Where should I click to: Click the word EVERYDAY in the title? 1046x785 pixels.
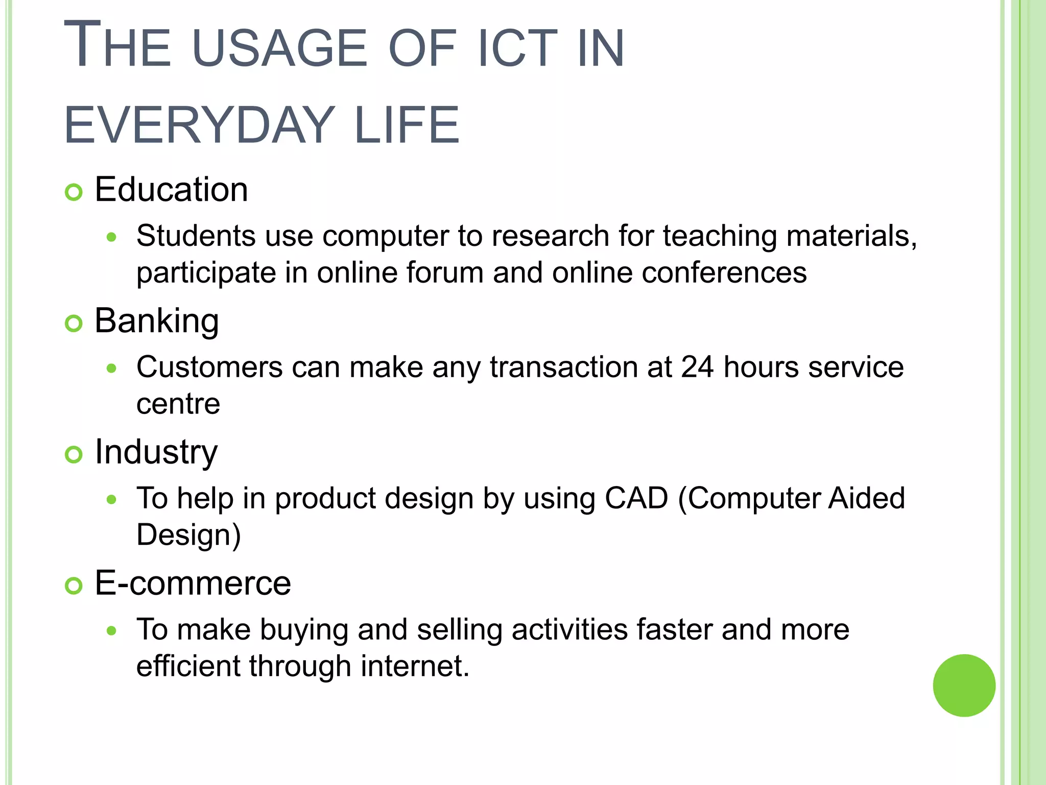[199, 125]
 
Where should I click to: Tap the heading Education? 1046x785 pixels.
[171, 190]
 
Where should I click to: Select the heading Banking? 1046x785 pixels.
[157, 321]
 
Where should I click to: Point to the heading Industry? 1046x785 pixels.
[156, 452]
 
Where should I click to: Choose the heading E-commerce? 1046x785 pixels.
[193, 583]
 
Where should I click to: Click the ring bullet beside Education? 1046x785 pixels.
[74, 193]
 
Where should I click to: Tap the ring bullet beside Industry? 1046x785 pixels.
[74, 455]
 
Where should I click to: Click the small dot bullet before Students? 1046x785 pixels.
[112, 237]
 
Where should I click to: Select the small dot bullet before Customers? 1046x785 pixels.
[112, 368]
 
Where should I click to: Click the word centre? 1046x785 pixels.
[178, 404]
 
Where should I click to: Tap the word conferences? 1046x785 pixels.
[724, 272]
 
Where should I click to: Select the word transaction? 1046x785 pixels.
[563, 367]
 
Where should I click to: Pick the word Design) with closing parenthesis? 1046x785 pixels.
[188, 535]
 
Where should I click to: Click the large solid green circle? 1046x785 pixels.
[964, 685]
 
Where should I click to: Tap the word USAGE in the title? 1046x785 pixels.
[280, 49]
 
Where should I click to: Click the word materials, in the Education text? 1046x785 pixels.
[851, 236]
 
